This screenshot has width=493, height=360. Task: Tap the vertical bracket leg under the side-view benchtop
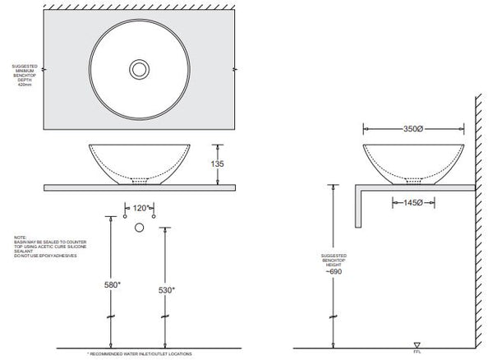coord(357,207)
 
